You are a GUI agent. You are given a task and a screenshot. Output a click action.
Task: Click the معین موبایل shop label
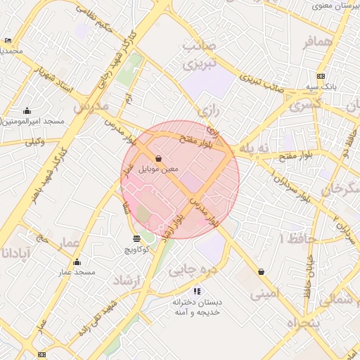(x=160, y=169)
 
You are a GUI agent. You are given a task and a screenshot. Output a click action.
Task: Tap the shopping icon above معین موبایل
(x=160, y=159)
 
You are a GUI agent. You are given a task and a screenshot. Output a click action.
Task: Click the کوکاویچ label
(x=136, y=250)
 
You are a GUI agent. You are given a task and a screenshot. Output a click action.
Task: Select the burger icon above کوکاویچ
(x=136, y=239)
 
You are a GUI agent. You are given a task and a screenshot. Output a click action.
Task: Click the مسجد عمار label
(x=77, y=272)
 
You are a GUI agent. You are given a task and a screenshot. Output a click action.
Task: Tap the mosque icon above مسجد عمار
(x=77, y=262)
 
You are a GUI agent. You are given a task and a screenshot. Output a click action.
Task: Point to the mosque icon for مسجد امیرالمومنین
(x=27, y=110)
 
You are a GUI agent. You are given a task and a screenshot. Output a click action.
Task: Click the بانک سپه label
(x=321, y=86)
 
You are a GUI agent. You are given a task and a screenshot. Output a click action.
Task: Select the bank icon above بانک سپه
(x=321, y=76)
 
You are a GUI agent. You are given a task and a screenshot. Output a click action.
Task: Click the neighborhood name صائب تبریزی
(x=200, y=54)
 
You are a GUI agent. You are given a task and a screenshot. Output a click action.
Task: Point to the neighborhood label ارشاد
(x=127, y=281)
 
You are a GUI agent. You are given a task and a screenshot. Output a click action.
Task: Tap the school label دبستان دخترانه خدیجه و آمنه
(x=198, y=307)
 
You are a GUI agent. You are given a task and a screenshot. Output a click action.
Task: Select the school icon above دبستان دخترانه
(x=197, y=290)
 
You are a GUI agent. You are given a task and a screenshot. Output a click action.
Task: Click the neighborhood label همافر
(x=317, y=42)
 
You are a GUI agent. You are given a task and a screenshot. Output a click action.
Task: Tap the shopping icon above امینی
(x=262, y=271)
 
